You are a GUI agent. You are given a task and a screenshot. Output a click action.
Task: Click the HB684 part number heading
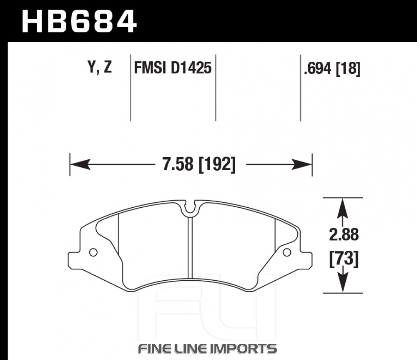pos(79,22)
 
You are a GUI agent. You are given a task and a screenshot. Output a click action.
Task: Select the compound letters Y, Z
pos(100,67)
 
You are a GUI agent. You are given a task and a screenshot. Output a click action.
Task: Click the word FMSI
pos(150,68)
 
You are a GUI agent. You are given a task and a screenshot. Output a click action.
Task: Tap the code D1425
pos(191,68)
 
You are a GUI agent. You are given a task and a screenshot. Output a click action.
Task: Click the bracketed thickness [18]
pos(348,68)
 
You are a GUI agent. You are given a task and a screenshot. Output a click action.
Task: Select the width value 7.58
pos(178,164)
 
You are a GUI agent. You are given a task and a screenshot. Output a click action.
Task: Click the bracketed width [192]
pos(217,164)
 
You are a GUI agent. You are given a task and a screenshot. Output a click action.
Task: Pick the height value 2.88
pos(344,234)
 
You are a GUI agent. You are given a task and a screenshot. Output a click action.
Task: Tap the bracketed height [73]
pos(344,259)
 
